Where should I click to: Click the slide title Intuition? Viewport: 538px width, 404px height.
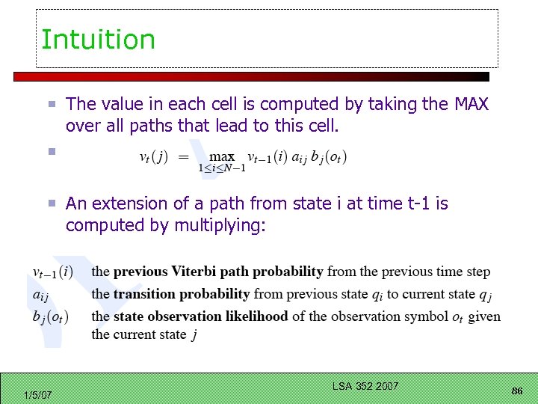coord(98,40)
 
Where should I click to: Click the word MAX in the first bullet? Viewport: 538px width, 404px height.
coord(471,105)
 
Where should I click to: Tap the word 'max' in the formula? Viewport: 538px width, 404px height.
coord(222,156)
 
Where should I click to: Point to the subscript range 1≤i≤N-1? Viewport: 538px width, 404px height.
coord(222,168)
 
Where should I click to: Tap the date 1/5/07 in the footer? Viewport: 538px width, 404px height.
coord(37,394)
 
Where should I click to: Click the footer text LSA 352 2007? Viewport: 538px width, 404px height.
coord(366,386)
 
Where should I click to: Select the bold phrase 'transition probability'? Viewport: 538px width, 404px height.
coord(182,294)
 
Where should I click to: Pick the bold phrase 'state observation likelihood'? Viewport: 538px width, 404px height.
coord(200,316)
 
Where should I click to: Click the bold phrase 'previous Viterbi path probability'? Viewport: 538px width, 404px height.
coord(218,272)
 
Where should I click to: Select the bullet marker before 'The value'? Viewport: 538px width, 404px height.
coord(51,105)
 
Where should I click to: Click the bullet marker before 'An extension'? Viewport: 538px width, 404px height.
coord(51,203)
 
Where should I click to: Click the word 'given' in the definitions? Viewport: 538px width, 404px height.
coord(485,316)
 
